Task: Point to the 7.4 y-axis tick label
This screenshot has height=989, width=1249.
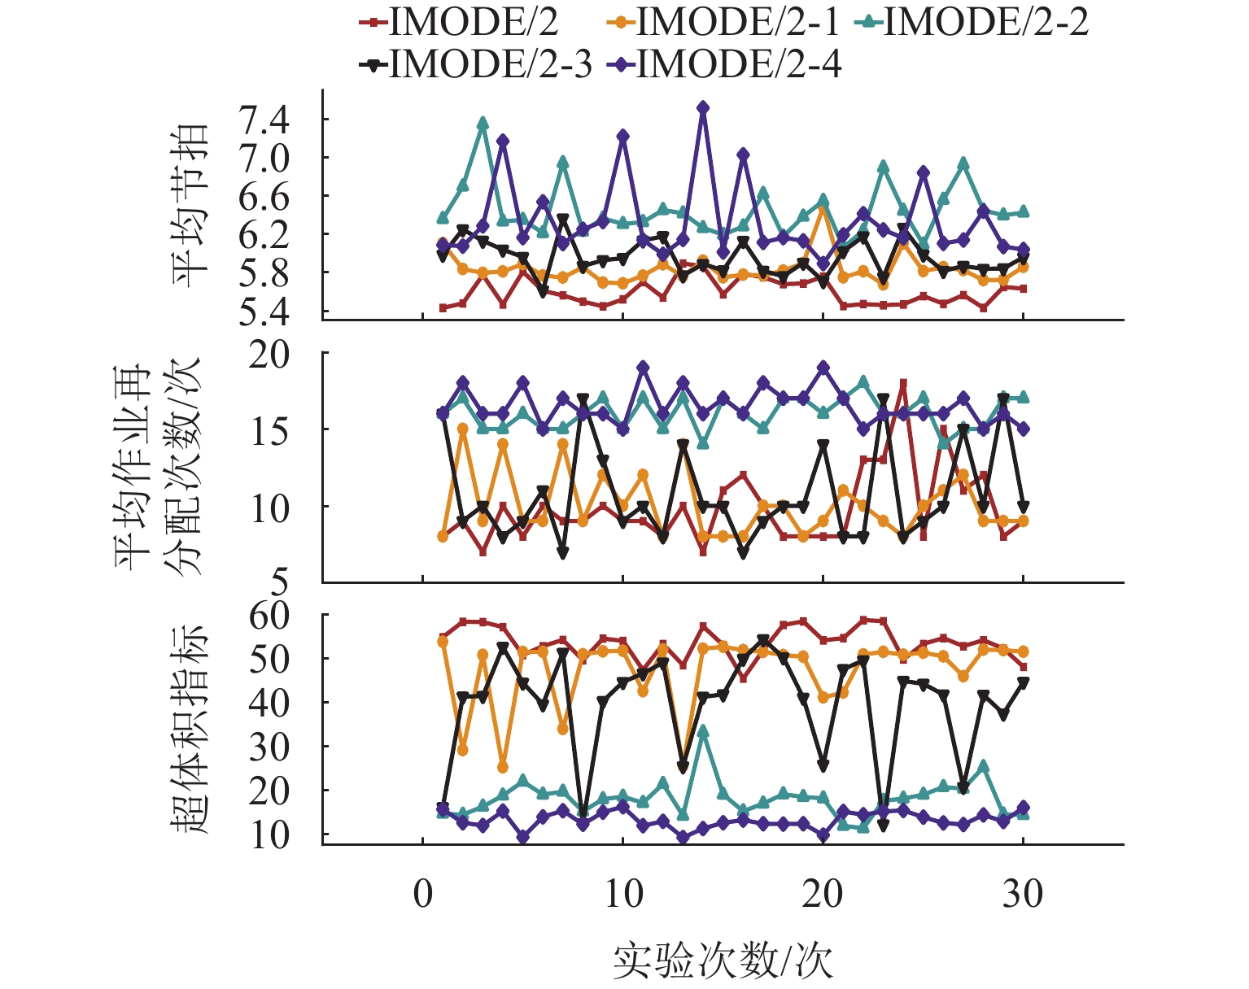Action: (x=264, y=120)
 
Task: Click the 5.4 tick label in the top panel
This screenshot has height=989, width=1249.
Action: (x=264, y=312)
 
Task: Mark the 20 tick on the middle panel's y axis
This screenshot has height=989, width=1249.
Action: (x=269, y=355)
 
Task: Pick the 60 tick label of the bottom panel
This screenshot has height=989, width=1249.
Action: (x=269, y=616)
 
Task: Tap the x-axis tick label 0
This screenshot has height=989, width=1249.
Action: (x=423, y=894)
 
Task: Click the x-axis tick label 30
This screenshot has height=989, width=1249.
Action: (x=1023, y=894)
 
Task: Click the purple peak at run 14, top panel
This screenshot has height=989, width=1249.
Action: (x=703, y=107)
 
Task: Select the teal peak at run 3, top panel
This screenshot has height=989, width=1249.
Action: (x=483, y=122)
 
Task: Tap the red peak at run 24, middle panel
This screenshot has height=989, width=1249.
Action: (x=903, y=382)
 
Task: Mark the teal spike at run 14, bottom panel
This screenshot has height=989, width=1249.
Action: (x=703, y=730)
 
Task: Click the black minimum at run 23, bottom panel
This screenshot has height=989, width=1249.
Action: (x=883, y=826)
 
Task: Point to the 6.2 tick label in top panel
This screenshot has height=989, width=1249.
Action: (x=264, y=235)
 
